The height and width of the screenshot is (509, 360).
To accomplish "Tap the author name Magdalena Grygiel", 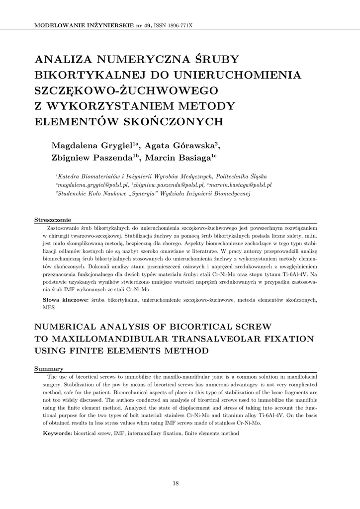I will pos(92,146).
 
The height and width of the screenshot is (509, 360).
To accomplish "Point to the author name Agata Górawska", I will pos(180,146).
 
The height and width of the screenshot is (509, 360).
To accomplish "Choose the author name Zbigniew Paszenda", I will pos(92,158).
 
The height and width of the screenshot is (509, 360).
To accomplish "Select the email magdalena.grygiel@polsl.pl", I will pos(93,185).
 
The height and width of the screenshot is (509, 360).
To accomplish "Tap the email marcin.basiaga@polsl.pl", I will pos(241,185).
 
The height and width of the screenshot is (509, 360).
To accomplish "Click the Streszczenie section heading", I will pos(52,220).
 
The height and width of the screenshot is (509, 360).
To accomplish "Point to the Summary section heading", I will pos(49,368).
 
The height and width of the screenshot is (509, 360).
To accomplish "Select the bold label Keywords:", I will pos(58,433).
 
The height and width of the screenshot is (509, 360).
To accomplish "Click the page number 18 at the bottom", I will pos(176,483).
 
